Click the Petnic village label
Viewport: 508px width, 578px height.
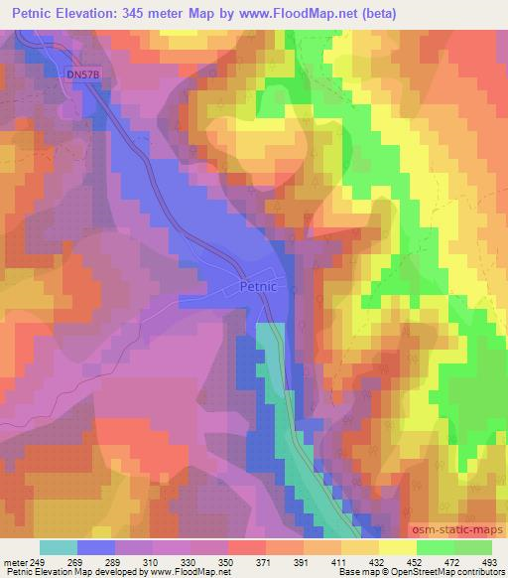click(x=263, y=286)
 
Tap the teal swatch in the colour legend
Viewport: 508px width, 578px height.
click(x=58, y=547)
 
